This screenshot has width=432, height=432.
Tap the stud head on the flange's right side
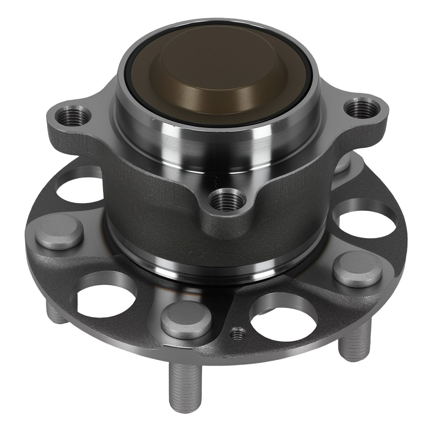point(357,268)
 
